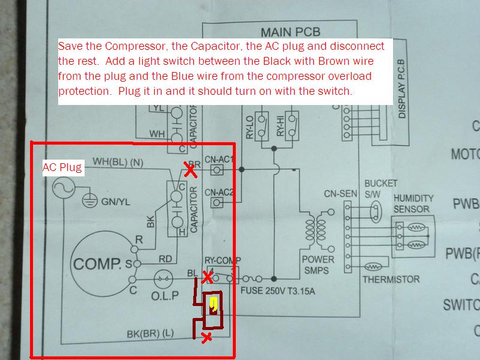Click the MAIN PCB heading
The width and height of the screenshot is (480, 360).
coord(290,32)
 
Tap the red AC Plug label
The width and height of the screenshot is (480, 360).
coord(61,168)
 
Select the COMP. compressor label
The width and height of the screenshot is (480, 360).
coord(97,263)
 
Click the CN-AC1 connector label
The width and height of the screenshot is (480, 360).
coord(219,159)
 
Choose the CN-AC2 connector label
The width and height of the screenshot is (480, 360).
coord(219,193)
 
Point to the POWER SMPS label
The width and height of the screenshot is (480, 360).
coord(317,265)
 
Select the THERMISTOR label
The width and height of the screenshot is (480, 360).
coord(391,280)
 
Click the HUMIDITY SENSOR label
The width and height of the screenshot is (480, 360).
coord(413,203)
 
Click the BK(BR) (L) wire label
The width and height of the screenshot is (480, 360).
coord(151,334)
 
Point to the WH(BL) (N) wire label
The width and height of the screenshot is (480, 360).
coord(118,161)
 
